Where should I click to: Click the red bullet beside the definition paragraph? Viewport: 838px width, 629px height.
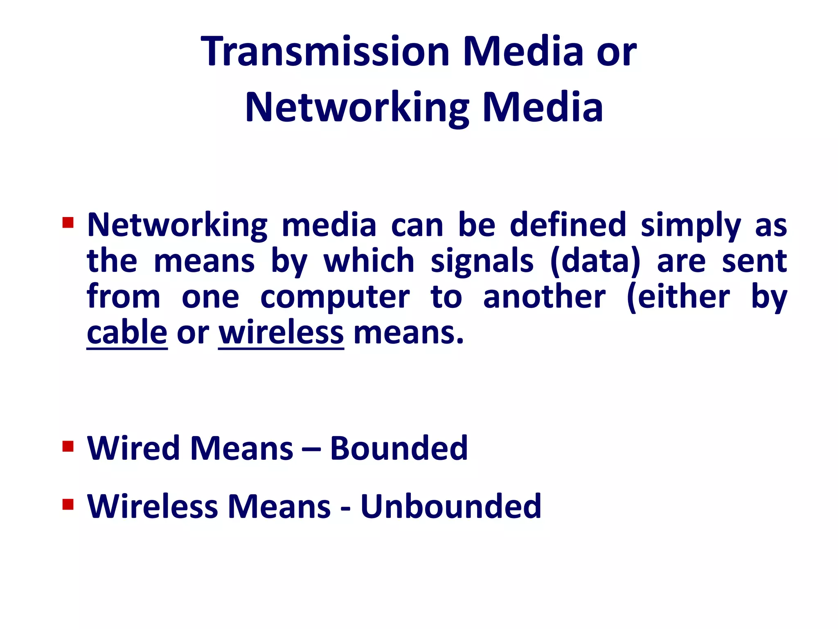point(68,223)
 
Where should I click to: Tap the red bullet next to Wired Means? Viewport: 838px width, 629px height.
point(68,446)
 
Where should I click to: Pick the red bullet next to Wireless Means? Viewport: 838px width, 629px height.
point(68,504)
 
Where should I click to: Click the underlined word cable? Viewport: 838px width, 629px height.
point(127,333)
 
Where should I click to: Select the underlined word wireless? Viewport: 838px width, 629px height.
point(281,333)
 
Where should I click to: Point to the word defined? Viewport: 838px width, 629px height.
point(568,225)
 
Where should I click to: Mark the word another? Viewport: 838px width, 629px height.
point(544,297)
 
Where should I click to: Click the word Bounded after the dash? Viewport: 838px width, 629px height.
point(399,448)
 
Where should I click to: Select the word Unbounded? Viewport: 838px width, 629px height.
point(451,507)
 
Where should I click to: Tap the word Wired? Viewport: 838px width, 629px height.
point(133,448)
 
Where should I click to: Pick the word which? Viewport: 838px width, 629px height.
point(369,261)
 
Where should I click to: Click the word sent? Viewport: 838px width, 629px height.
point(754,261)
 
